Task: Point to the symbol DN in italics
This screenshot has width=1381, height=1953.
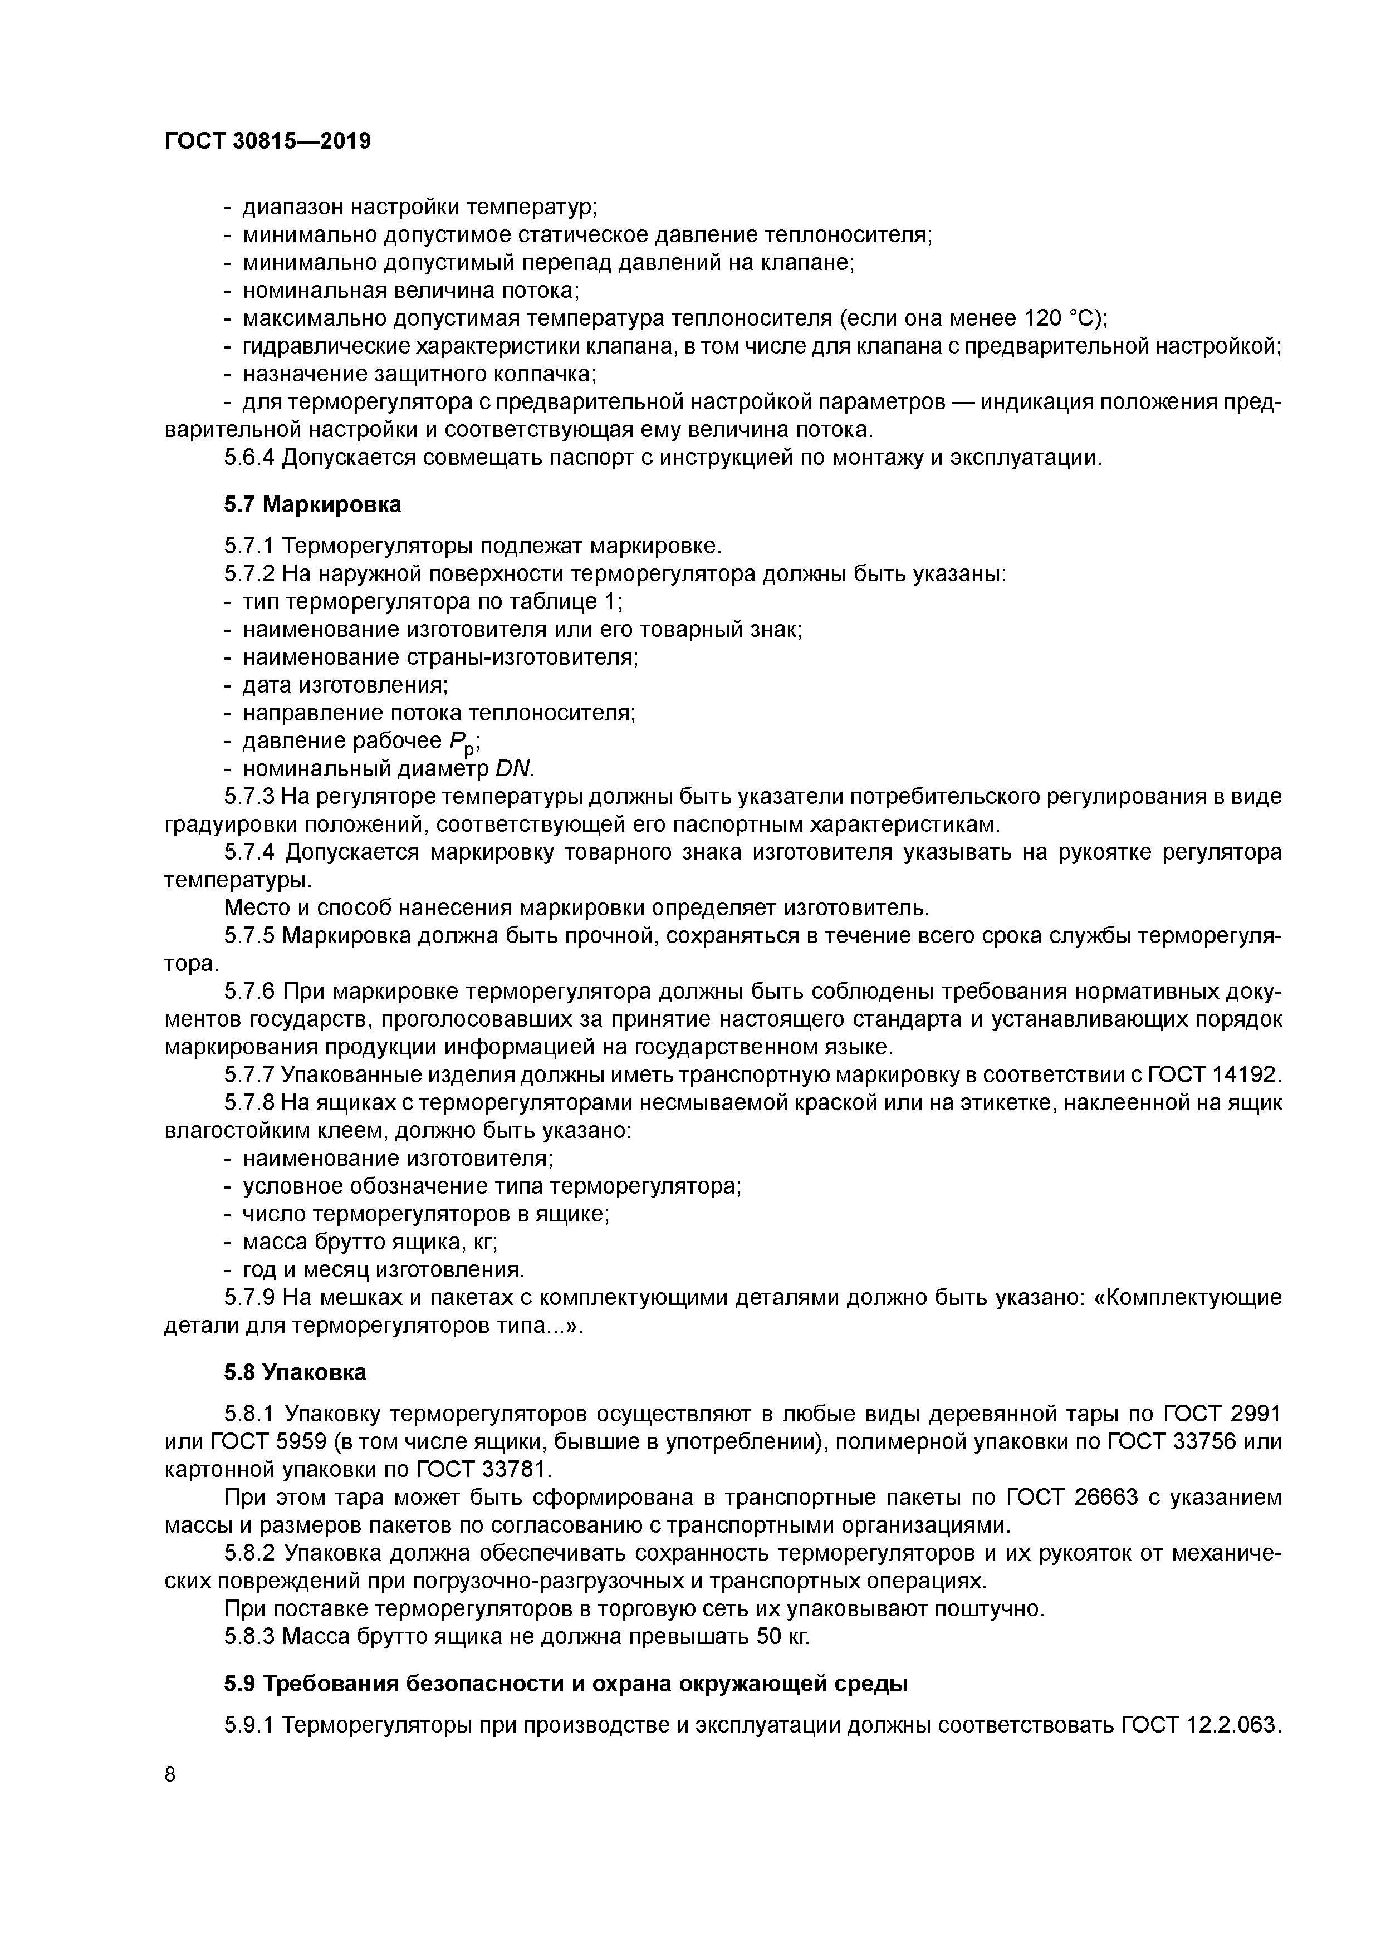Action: [514, 769]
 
